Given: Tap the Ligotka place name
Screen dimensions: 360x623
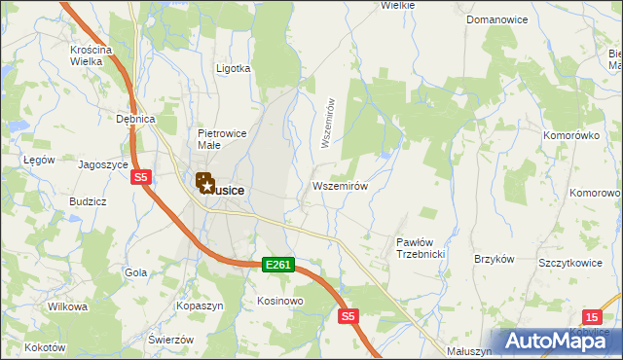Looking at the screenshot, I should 234,69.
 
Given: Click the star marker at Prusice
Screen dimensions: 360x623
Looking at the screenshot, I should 206,183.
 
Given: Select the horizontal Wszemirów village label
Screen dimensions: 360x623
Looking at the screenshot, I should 340,186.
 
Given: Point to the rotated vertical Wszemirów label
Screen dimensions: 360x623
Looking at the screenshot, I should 328,123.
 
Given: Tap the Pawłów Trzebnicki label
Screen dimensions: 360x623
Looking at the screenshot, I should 421,248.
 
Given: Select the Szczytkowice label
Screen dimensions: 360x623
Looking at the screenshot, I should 567,263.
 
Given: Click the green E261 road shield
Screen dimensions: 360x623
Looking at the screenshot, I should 277,264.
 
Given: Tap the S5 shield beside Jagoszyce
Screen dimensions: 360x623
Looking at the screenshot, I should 141,177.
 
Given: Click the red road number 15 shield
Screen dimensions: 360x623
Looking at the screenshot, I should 593,316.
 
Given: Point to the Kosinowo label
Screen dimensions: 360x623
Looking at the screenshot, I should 280,302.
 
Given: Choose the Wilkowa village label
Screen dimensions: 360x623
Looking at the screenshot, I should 67,306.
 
